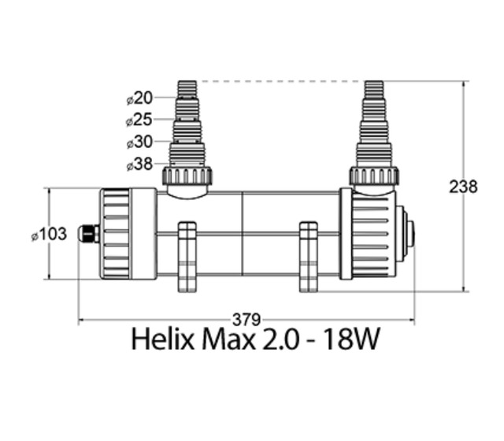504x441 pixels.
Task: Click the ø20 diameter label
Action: click(x=139, y=98)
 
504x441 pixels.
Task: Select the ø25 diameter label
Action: click(x=139, y=120)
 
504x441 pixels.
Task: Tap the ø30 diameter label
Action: click(x=139, y=142)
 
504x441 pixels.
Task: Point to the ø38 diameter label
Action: click(x=139, y=165)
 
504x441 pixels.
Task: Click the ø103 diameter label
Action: click(x=49, y=234)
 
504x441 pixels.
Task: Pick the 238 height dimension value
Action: click(x=463, y=187)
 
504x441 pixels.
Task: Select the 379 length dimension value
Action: click(x=246, y=320)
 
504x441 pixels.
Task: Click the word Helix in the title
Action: click(x=163, y=339)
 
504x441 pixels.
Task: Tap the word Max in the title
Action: click(x=228, y=339)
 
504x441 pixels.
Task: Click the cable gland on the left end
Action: click(x=89, y=234)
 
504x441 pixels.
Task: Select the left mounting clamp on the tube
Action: click(x=187, y=257)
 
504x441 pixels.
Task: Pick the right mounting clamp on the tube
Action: click(x=309, y=257)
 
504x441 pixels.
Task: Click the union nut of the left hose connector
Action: click(x=187, y=176)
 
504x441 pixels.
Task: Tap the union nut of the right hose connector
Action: click(x=374, y=176)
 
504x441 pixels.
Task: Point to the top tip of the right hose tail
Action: click(x=374, y=81)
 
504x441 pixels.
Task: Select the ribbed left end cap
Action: click(x=128, y=234)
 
